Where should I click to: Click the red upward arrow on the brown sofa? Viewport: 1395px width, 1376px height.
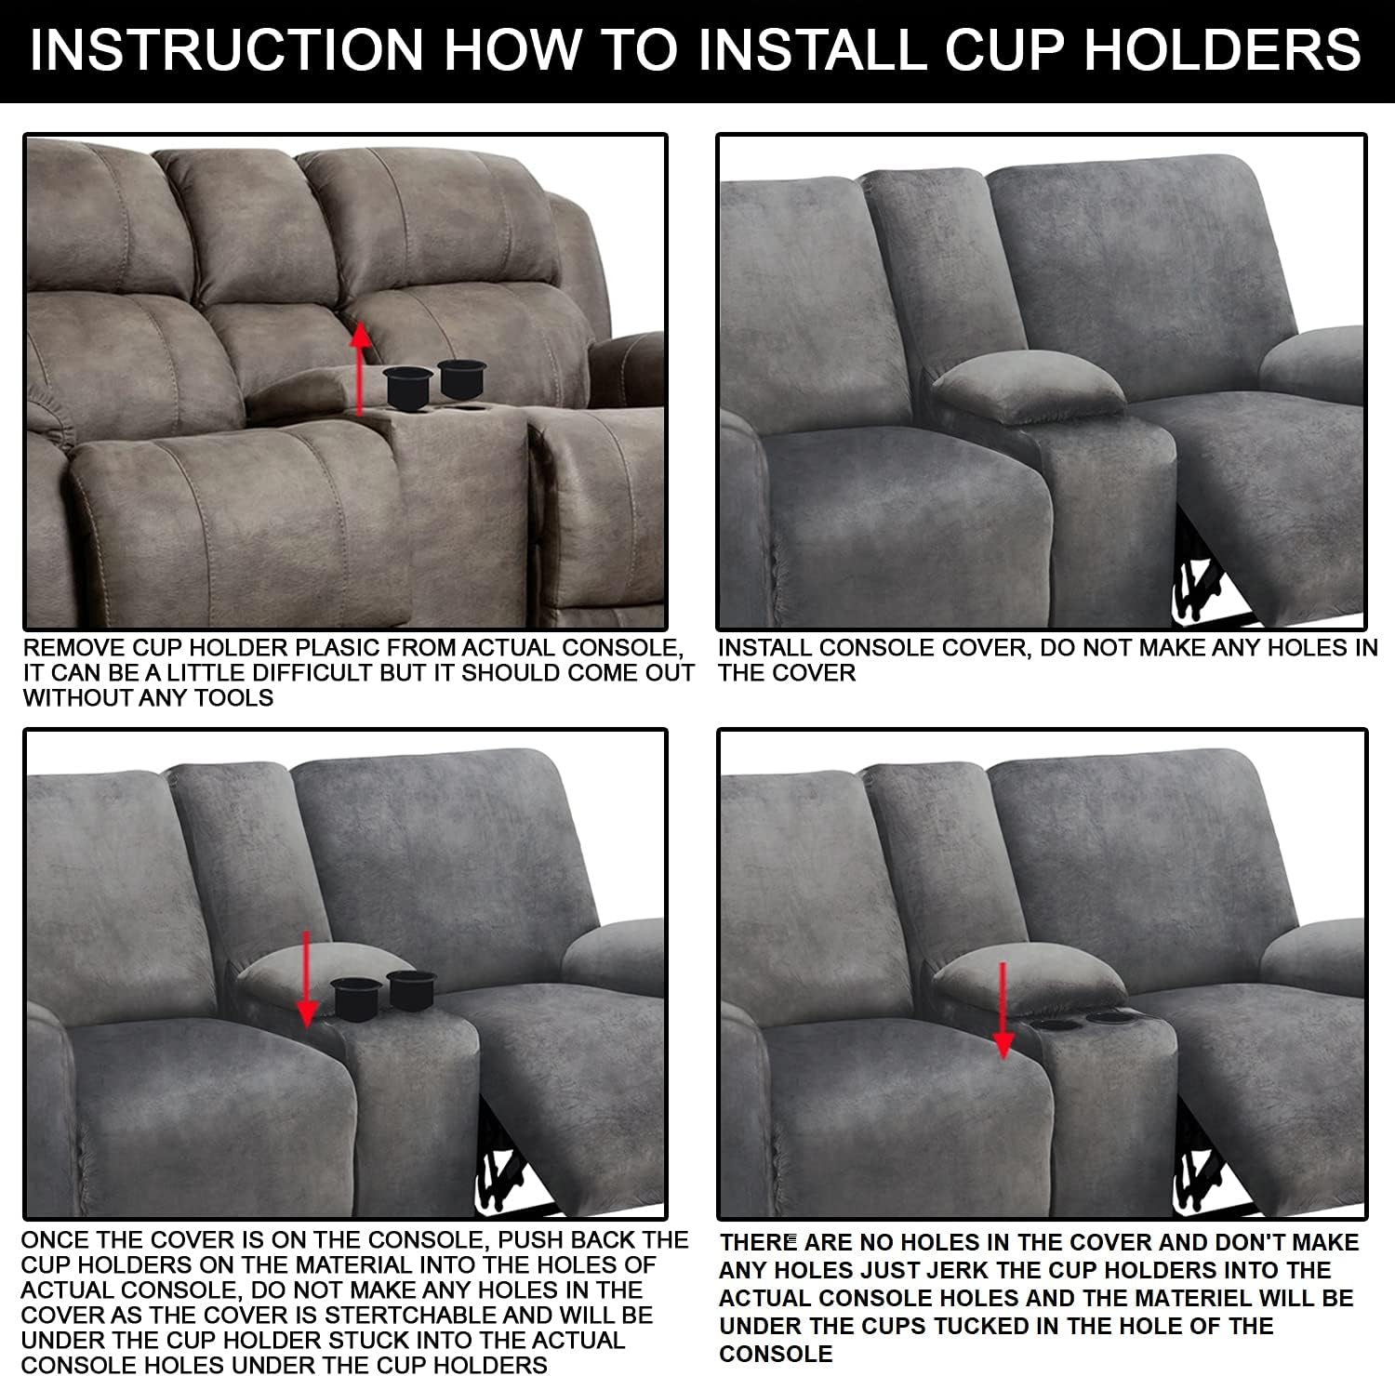361,367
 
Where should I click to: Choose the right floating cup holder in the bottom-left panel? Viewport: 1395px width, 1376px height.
410,989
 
